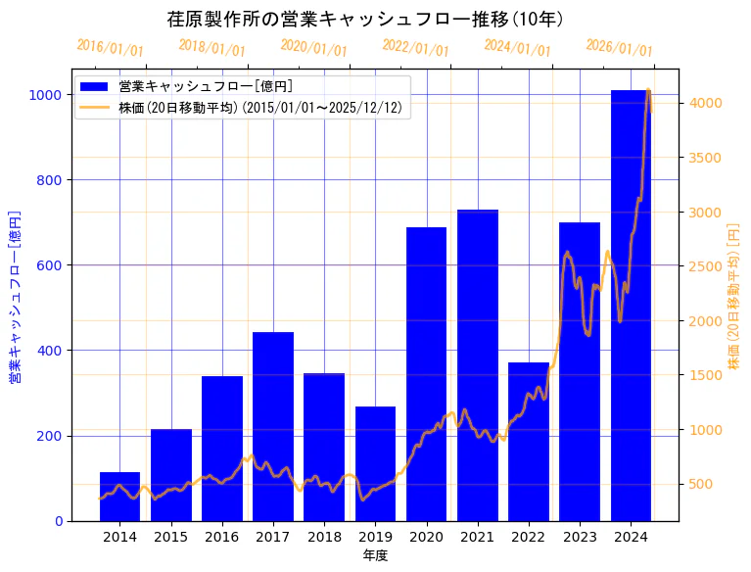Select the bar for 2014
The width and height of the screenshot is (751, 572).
coord(119,497)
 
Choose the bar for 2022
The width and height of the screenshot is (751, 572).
coord(529,442)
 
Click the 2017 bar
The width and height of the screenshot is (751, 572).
coord(273,427)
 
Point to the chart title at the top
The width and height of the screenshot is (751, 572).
coord(365,20)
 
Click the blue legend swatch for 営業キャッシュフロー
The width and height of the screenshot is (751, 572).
coord(95,86)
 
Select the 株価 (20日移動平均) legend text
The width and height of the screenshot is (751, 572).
coord(259,108)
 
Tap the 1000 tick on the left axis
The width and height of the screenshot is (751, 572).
coord(46,95)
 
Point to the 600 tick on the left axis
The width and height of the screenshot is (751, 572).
coord(50,265)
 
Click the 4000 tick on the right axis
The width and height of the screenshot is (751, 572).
coord(705,103)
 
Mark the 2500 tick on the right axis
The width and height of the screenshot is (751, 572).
coord(705,266)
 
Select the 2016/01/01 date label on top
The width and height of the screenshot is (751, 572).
coord(110,48)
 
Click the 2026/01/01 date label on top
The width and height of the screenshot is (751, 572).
coord(619,48)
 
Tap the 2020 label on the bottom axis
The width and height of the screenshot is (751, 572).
coord(426,537)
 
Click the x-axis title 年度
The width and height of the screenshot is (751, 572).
coord(375,555)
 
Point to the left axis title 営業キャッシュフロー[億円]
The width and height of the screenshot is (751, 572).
coord(15,297)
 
